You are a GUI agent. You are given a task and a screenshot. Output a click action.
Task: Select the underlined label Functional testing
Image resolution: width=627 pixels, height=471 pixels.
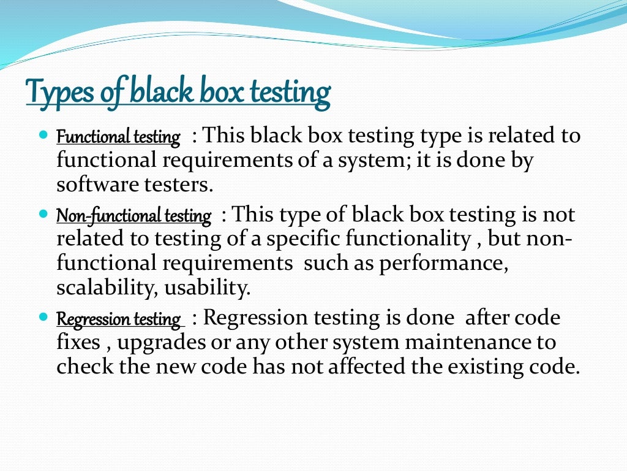click(119, 137)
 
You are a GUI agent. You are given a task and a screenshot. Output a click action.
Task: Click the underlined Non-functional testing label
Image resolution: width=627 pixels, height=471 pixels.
click(133, 216)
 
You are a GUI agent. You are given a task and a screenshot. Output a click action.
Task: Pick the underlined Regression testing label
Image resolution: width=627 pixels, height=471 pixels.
click(119, 320)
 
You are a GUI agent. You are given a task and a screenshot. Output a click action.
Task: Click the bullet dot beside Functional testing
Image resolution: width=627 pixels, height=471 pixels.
click(42, 132)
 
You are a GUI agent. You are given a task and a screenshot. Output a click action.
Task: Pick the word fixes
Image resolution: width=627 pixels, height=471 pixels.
click(78, 342)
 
